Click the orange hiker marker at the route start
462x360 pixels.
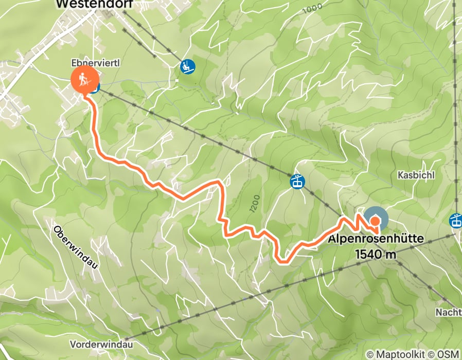tap(84, 79)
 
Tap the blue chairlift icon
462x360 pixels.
tap(187, 66)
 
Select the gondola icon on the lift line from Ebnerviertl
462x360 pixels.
tap(297, 182)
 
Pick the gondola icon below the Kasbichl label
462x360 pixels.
tap(456, 220)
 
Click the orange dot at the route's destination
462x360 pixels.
tap(376, 221)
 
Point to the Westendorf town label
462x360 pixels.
tap(94, 4)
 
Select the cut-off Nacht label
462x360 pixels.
tap(448, 312)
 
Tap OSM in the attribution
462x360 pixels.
tap(448, 354)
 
